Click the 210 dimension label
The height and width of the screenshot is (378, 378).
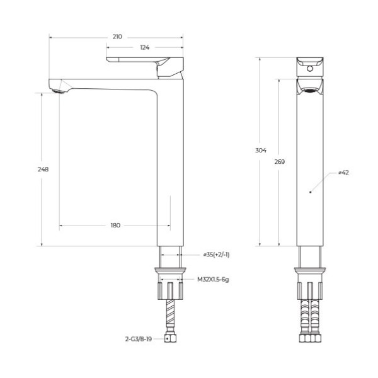pos(117,37)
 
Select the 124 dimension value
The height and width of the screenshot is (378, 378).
pos(144,48)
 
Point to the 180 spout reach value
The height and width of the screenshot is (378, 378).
pos(115,225)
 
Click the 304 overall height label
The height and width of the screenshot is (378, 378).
pos(261,151)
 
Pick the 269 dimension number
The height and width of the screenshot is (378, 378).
pos(280,162)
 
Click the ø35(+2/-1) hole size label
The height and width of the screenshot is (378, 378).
pos(215,255)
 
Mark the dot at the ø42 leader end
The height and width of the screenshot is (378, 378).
pos(311,190)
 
